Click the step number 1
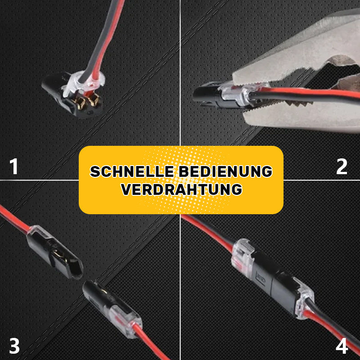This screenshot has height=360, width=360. coord(15,166)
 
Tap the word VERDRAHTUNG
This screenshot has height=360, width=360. coord(181,189)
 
